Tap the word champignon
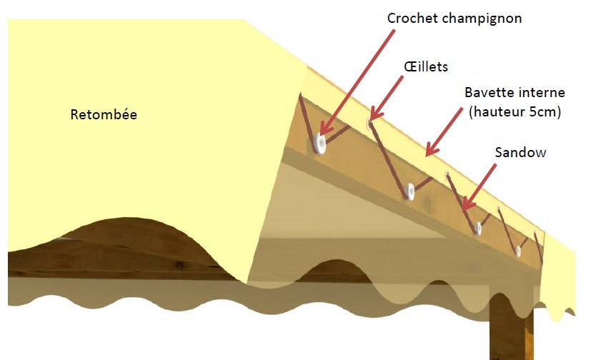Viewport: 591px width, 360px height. coord(482,19)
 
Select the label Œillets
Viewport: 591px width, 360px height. coord(426,66)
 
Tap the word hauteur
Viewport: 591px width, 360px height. coord(497,112)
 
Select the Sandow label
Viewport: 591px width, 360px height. coord(520,153)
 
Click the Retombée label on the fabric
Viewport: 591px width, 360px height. coord(104,114)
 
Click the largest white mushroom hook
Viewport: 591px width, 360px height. coord(319,144)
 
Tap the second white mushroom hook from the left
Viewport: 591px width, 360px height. coord(410,191)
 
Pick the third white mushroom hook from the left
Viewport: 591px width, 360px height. coord(478,228)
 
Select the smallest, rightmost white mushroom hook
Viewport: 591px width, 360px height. coord(518,251)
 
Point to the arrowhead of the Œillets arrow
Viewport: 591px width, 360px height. coord(376,113)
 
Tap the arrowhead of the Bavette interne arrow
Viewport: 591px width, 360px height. coord(432,149)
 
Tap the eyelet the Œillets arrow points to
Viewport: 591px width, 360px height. coord(369,122)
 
